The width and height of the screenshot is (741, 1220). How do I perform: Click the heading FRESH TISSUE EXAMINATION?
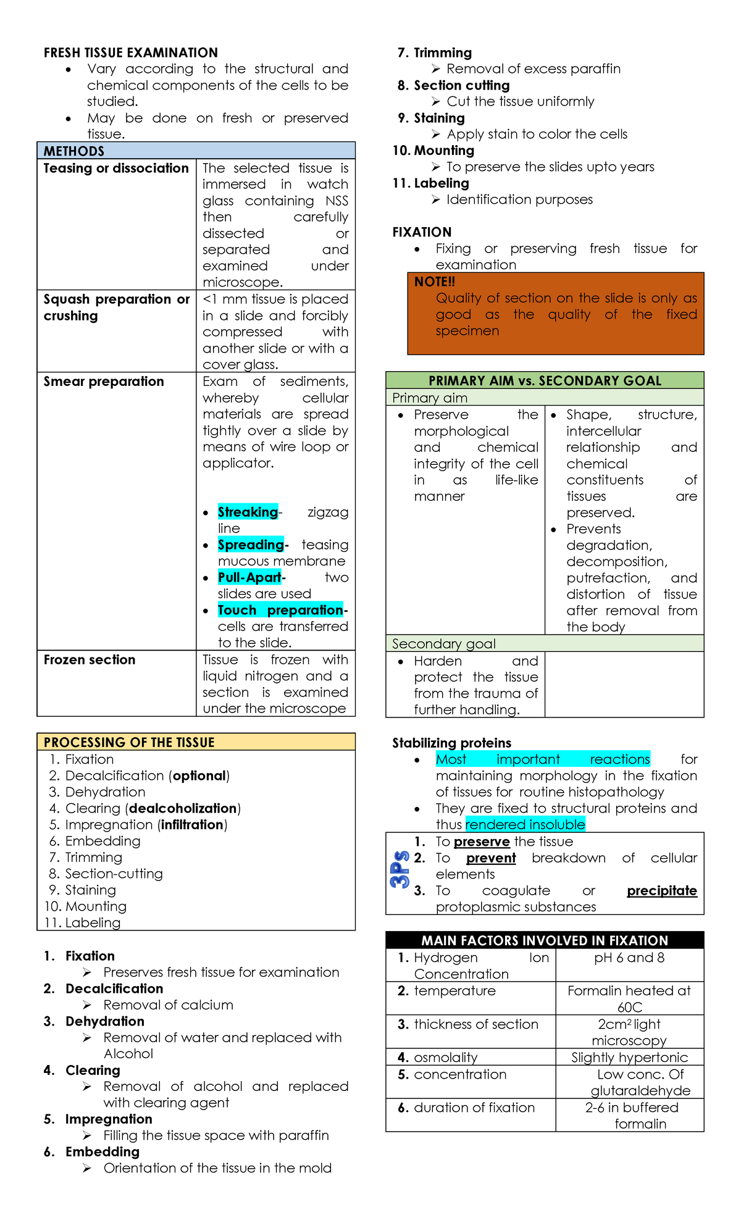click(x=130, y=52)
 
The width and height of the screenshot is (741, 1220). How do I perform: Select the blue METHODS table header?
click(x=196, y=151)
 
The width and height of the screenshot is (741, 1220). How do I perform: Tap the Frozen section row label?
click(x=90, y=659)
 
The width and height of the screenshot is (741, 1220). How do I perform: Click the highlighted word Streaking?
click(x=248, y=512)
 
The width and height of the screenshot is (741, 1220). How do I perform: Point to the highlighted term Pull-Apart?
click(x=249, y=577)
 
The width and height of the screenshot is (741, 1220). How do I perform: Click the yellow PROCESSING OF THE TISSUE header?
click(x=196, y=742)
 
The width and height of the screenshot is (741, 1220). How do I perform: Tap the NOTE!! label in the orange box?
click(x=435, y=282)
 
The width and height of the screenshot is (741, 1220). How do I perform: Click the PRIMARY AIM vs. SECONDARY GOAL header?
click(x=545, y=380)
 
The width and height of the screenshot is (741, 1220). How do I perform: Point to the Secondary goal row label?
click(x=443, y=643)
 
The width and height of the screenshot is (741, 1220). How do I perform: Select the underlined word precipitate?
click(x=661, y=890)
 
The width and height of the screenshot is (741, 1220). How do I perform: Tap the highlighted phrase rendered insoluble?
click(x=525, y=824)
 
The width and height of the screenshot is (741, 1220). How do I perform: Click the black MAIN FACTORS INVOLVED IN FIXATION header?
click(x=545, y=940)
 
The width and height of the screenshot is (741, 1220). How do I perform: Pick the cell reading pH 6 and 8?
click(x=629, y=958)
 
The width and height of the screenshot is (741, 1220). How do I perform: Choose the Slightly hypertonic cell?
click(x=629, y=1057)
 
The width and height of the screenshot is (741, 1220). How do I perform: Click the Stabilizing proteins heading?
click(x=451, y=743)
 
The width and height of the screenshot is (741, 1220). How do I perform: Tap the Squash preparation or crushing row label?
click(x=116, y=307)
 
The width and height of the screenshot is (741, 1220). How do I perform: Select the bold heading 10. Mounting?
click(x=433, y=151)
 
